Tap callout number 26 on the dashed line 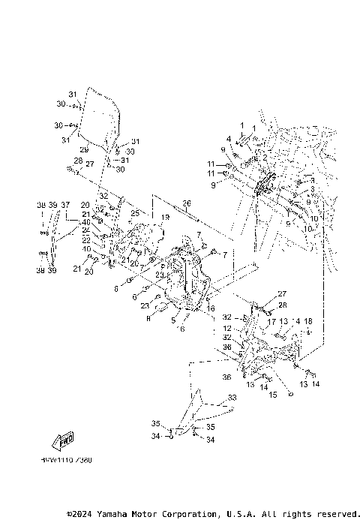[x=187, y=202]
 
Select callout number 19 [x=165, y=217]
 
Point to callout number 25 [x=135, y=213]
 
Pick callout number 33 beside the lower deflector [x=232, y=397]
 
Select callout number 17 [x=271, y=322]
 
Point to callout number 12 [x=226, y=328]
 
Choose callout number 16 [x=211, y=308]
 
